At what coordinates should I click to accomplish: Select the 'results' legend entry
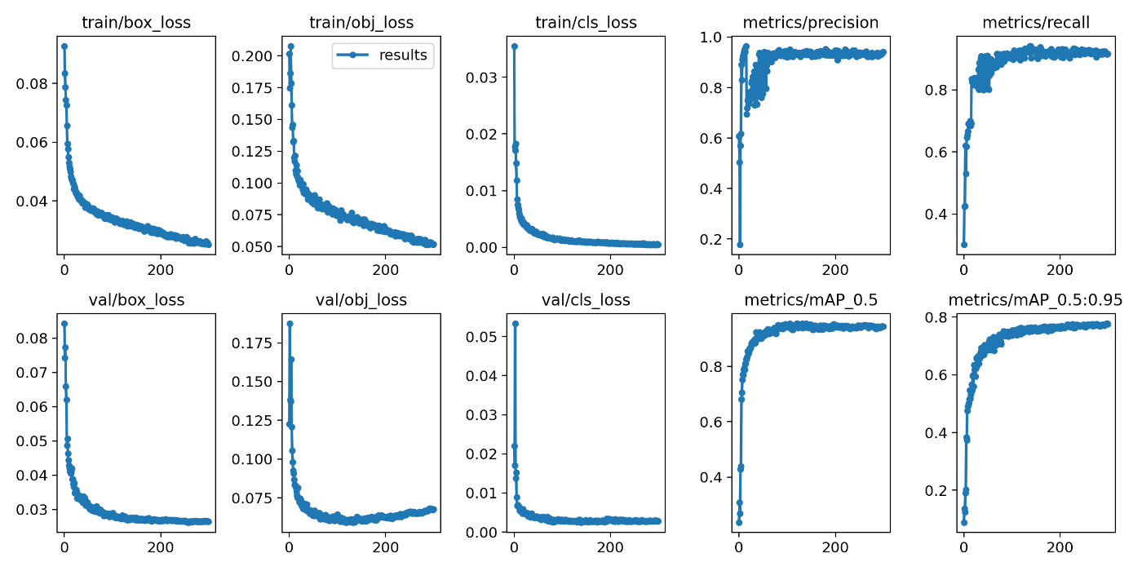click(383, 55)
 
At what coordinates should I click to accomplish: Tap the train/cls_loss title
click(587, 23)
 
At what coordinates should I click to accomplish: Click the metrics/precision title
click(812, 23)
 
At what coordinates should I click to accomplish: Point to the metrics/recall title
click(1037, 23)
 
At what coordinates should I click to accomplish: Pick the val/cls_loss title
click(587, 300)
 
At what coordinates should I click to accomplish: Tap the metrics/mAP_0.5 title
click(812, 300)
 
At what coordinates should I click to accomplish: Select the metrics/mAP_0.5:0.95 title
click(1036, 300)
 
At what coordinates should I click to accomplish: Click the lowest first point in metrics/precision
click(740, 244)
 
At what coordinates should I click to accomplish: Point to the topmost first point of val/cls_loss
click(514, 324)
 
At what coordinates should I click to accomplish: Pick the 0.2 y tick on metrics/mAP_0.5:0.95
click(941, 490)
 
